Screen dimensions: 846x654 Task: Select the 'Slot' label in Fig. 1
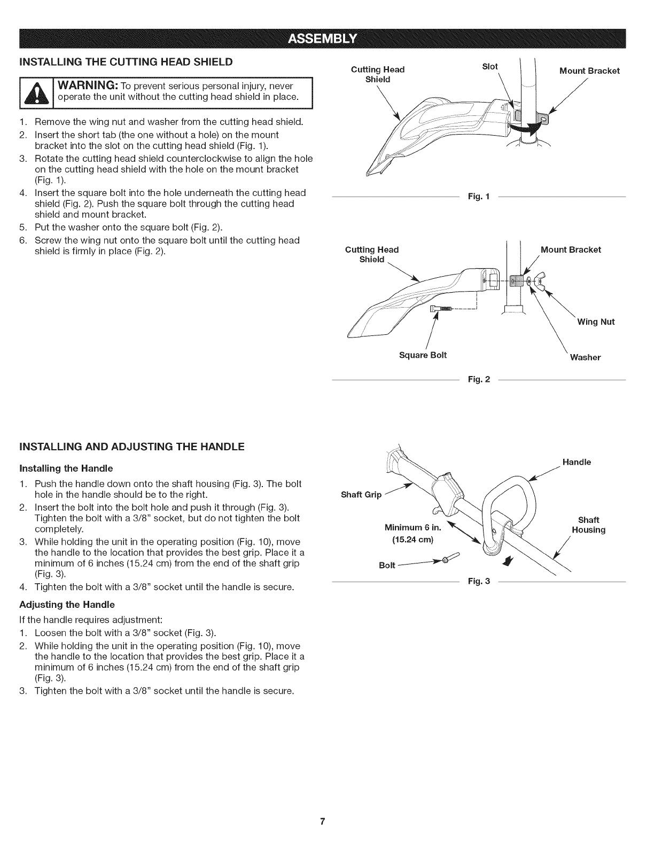489,67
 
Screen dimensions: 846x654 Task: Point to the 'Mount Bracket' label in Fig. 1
589,71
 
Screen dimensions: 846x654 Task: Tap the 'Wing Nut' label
596,322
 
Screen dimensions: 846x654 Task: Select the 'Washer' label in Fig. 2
585,357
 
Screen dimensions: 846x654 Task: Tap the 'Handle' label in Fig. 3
577,462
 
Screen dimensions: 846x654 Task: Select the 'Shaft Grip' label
361,495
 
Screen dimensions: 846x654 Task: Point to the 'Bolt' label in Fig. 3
387,565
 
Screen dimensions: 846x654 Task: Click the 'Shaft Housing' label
588,525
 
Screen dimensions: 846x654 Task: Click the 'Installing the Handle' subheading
66,468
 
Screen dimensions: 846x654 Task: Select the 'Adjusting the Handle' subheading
67,605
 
